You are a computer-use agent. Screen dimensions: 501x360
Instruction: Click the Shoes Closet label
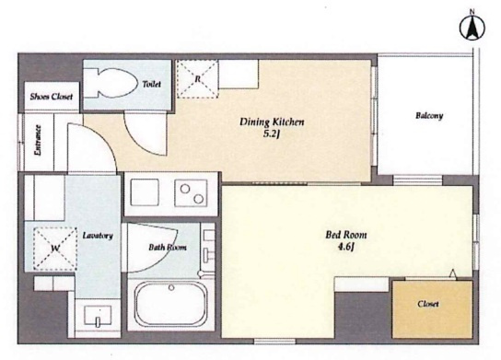coord(52,97)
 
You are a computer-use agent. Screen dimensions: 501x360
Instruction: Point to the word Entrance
coord(38,140)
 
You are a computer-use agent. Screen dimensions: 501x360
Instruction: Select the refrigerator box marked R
coord(197,78)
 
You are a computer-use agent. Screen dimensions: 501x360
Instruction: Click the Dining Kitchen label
coord(272,122)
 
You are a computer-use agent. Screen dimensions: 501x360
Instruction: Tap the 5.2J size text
coord(272,134)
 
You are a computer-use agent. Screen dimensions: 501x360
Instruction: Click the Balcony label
coord(429,116)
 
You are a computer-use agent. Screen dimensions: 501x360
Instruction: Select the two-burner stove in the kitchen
coord(191,193)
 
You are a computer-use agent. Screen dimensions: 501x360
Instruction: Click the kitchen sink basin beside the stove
coord(145,192)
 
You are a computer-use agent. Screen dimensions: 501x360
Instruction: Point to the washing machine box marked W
coord(55,249)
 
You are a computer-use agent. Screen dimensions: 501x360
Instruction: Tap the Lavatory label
coord(98,236)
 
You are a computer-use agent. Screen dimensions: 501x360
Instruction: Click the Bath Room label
coord(168,248)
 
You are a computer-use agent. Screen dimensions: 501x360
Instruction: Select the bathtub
coord(171,304)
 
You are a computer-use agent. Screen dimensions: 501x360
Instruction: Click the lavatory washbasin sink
coord(98,316)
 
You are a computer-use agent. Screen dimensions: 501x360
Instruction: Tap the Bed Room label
coord(346,235)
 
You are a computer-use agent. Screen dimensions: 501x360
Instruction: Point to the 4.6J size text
coord(346,248)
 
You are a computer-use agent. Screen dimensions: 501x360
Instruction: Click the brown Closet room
coord(432,309)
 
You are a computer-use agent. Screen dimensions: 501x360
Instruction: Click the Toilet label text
coord(151,84)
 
